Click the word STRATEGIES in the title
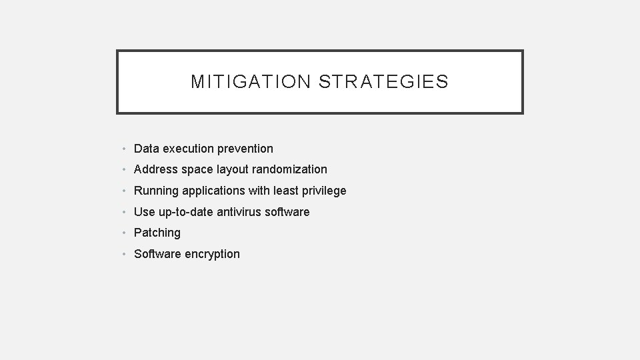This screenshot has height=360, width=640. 383,82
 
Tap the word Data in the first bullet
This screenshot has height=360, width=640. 146,149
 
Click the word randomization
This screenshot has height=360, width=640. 289,169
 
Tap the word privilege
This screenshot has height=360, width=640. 323,191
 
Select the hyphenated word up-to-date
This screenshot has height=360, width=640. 186,212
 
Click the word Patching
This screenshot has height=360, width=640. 157,233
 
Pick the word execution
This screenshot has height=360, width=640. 189,149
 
